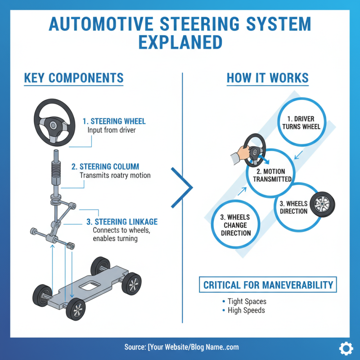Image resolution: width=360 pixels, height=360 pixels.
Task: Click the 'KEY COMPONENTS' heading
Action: (73, 78)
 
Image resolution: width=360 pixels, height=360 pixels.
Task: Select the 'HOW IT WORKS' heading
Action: (267, 78)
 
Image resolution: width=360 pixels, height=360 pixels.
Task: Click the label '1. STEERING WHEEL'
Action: (114, 121)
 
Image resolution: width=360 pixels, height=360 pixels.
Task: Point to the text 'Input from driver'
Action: (111, 130)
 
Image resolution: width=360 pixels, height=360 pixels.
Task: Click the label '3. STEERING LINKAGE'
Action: (121, 221)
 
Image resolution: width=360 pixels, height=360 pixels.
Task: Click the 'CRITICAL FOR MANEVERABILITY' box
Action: (268, 285)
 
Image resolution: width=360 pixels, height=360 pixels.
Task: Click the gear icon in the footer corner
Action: (345, 348)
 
